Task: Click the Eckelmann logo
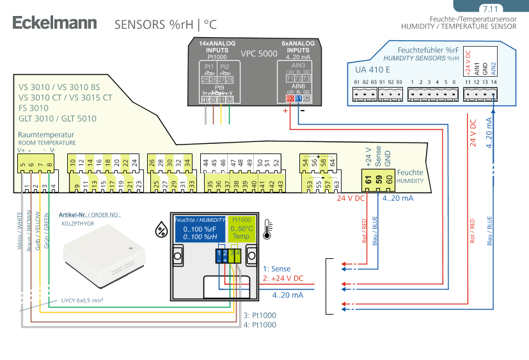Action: pos(55,24)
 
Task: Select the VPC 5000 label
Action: pos(258,54)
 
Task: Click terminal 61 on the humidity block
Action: pos(368,180)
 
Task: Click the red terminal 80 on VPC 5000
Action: pos(290,99)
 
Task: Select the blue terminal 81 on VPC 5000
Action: pos(299,99)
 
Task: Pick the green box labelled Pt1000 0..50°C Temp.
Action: pos(242,228)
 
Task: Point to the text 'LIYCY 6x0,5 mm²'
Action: pos(83,299)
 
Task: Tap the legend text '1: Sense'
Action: pos(276,269)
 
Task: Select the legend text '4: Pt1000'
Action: pos(260,325)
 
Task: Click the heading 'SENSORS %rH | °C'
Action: pos(166,25)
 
